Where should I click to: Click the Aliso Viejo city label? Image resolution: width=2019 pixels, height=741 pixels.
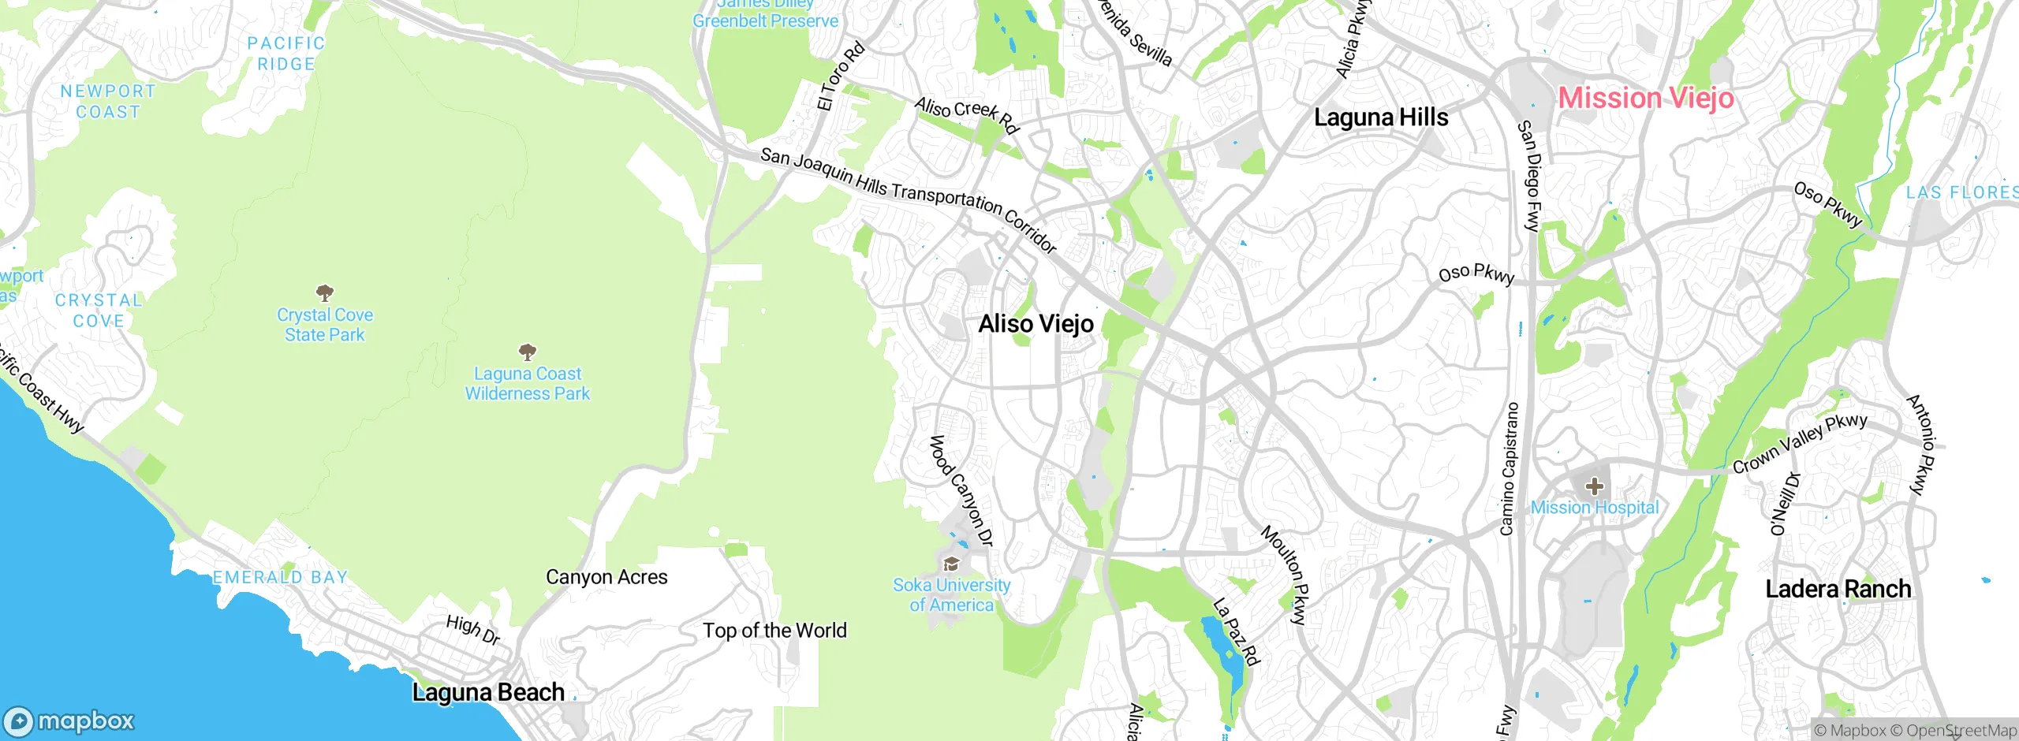point(1036,324)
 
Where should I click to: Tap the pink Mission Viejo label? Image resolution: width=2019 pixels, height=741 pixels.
point(1646,99)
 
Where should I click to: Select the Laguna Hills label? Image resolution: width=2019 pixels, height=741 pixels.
point(1381,117)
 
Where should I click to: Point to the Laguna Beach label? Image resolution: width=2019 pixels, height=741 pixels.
point(488,692)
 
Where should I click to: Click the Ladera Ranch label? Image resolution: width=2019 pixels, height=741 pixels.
point(1838,589)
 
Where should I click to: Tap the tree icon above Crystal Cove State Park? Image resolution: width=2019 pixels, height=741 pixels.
point(324,293)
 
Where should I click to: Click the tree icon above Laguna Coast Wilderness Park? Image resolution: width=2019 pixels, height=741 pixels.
point(527,352)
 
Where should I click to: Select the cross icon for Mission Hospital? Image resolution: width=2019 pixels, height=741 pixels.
point(1594,486)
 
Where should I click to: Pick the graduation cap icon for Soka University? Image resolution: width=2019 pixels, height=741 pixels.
point(951,564)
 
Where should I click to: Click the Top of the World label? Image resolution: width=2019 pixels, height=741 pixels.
point(774,631)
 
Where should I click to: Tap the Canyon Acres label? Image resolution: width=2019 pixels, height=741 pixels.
point(606,577)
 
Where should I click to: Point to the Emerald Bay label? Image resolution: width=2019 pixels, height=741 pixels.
point(280,578)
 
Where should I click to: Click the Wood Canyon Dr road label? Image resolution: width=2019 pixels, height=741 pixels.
point(961,490)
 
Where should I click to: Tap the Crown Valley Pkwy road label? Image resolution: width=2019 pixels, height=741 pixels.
point(1799,444)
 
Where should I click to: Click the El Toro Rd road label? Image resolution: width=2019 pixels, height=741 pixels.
point(841,77)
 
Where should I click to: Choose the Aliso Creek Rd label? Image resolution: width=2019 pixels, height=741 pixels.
point(967,115)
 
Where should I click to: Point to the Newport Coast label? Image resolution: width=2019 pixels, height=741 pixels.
point(108,102)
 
